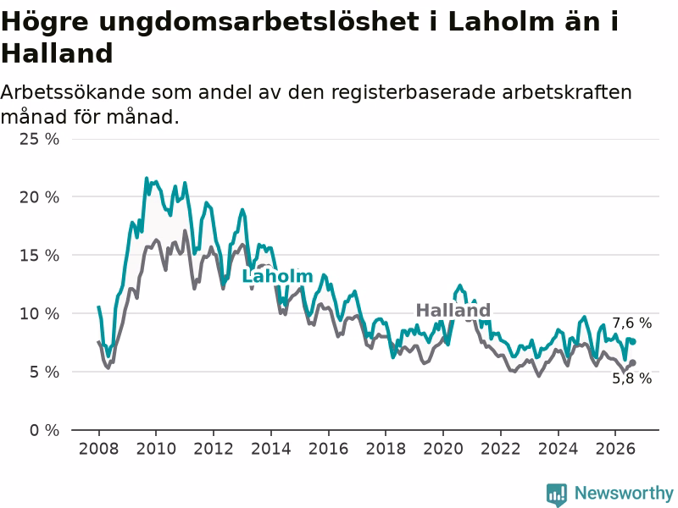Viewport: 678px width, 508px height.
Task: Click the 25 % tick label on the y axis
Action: pos(39,139)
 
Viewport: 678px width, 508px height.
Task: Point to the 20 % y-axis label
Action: pos(39,197)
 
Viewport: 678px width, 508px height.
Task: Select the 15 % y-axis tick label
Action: pos(39,256)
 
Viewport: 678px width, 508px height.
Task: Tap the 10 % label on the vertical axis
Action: pos(39,313)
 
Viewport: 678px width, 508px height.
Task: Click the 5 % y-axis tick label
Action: pos(44,372)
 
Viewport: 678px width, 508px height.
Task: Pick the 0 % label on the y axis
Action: pos(44,430)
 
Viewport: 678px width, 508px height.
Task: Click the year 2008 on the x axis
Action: pos(98,449)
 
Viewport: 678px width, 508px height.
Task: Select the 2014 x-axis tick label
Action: pos(271,449)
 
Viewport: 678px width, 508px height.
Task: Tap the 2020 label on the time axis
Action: pos(443,449)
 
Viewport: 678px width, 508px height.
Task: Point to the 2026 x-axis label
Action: pos(615,449)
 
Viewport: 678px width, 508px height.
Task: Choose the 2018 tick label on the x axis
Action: pos(386,449)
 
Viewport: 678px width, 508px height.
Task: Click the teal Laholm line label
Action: pos(277,277)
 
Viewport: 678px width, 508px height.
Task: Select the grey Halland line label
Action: pos(453,310)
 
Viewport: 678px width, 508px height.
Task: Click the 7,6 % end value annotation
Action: pos(631,323)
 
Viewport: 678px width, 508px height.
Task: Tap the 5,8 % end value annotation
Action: pos(631,378)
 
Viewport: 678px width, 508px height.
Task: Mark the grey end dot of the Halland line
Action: pos(633,363)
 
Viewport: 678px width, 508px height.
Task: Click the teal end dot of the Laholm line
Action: pos(633,342)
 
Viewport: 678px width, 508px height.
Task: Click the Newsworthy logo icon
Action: pos(557,494)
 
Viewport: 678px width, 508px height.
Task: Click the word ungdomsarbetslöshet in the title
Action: pos(258,22)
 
